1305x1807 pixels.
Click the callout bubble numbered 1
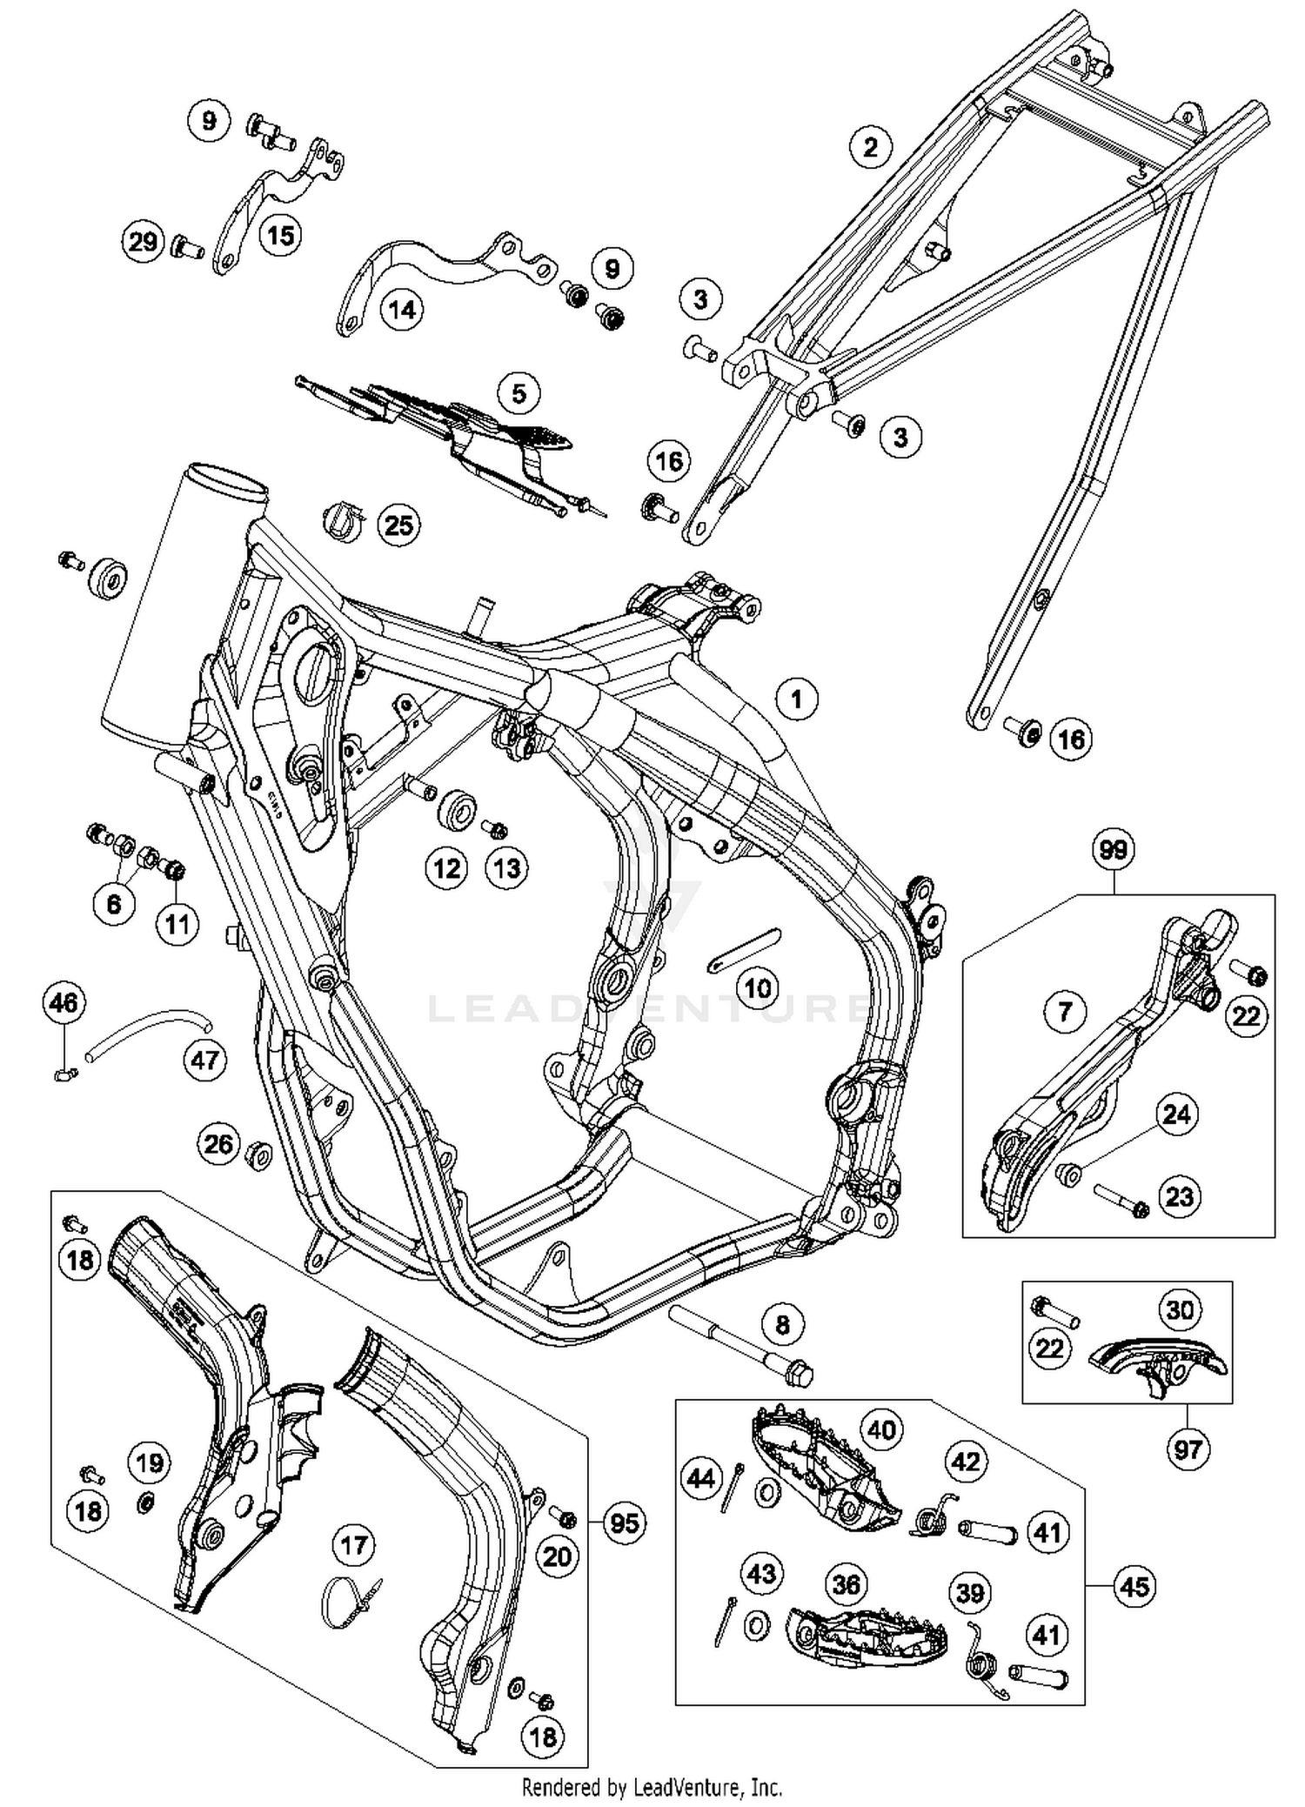coord(796,699)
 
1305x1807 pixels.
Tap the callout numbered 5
coord(519,393)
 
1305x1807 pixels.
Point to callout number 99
coord(1113,849)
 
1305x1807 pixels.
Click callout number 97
coord(1188,1449)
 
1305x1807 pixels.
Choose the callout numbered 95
coord(625,1523)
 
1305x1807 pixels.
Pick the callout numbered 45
coord(1134,1586)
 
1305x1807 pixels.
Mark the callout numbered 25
coord(398,525)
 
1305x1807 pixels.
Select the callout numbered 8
coord(782,1324)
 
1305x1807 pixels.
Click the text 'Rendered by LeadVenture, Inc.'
coord(652,1788)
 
